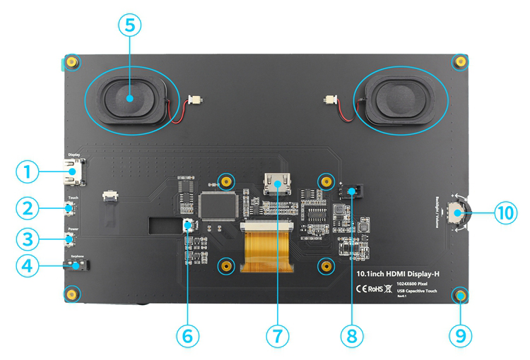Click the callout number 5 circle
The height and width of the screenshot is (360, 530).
click(129, 25)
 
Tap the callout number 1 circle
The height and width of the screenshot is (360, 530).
click(27, 171)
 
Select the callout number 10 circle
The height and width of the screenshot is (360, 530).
click(506, 214)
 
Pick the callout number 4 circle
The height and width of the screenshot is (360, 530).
click(27, 267)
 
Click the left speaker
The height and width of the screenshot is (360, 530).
click(130, 97)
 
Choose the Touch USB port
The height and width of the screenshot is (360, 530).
click(71, 208)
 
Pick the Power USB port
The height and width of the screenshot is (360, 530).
click(71, 239)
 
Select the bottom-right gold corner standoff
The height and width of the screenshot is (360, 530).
click(460, 296)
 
